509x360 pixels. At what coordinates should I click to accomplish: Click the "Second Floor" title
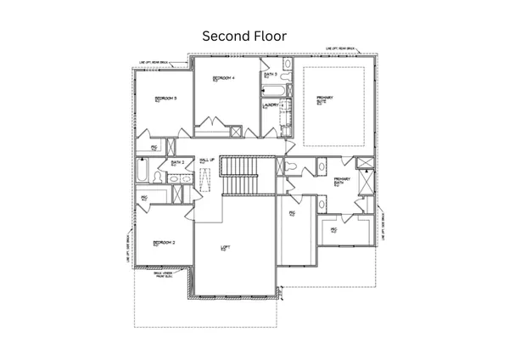coord(244,37)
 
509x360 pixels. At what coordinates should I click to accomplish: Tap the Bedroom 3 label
coord(165,99)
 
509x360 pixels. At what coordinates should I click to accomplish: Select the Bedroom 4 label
coord(221,78)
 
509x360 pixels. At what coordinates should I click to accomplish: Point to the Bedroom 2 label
coord(163,243)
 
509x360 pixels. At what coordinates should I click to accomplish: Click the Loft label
coord(225,248)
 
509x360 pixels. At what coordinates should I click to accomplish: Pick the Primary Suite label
coord(324,100)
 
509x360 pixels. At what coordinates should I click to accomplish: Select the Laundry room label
coord(271,105)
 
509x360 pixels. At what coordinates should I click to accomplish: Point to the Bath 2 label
coord(177,162)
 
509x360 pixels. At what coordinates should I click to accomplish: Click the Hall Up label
coord(206,160)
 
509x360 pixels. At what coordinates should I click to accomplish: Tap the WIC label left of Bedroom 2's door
coord(144,198)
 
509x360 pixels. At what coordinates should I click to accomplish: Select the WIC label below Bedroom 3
coord(154,148)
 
